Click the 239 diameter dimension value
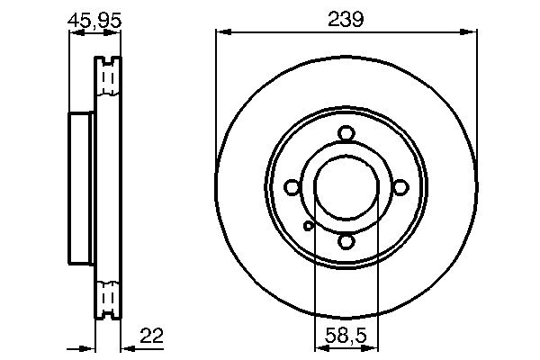click(346, 19)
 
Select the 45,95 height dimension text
click(94, 21)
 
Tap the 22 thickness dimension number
click(151, 336)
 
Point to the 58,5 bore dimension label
click(346, 336)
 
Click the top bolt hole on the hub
click(346, 134)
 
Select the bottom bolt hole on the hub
click(346, 241)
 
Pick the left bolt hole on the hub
click(292, 187)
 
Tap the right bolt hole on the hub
click(400, 188)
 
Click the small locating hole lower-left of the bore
click(309, 226)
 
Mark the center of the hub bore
click(346, 188)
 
